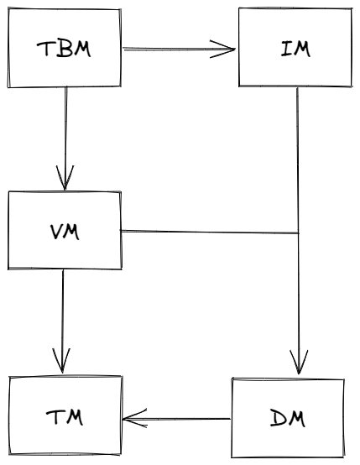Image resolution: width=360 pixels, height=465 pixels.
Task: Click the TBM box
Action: click(x=65, y=49)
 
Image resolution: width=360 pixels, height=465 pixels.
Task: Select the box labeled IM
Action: click(x=294, y=48)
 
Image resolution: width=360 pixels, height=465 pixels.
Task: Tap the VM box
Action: click(x=65, y=230)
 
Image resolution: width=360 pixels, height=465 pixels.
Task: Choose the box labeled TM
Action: click(x=65, y=417)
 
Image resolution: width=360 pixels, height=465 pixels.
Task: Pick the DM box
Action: click(x=288, y=417)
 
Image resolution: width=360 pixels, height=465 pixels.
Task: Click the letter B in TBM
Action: click(x=64, y=49)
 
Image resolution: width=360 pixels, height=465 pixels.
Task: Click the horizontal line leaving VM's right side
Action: click(x=210, y=231)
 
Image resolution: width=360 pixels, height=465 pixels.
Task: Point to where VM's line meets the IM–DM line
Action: click(x=298, y=232)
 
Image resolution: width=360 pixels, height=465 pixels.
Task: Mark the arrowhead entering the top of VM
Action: click(x=65, y=178)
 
